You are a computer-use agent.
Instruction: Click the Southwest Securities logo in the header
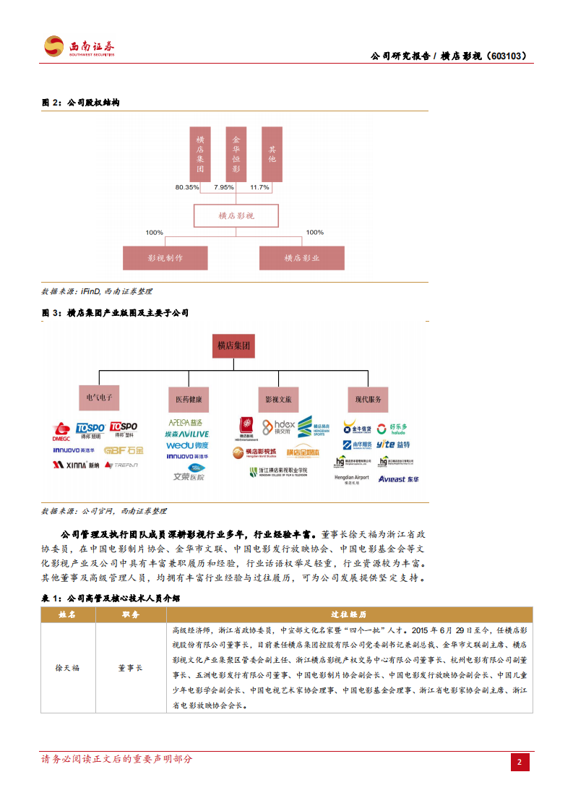pyautogui.click(x=79, y=47)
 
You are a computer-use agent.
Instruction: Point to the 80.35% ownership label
pyautogui.click(x=186, y=187)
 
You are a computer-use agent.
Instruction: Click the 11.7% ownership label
pyautogui.click(x=259, y=187)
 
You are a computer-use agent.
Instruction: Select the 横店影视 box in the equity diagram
pyautogui.click(x=236, y=215)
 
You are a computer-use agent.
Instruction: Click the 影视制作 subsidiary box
pyautogui.click(x=165, y=258)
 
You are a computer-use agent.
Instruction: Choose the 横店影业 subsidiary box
pyautogui.click(x=302, y=258)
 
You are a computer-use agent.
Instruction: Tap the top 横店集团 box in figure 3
pyautogui.click(x=234, y=346)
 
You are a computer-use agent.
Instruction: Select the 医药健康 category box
pyautogui.click(x=189, y=398)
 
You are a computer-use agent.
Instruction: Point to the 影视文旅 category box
pyautogui.click(x=277, y=398)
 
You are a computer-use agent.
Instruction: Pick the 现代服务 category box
pyautogui.click(x=368, y=398)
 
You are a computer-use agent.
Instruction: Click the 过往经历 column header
pyautogui.click(x=348, y=614)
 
